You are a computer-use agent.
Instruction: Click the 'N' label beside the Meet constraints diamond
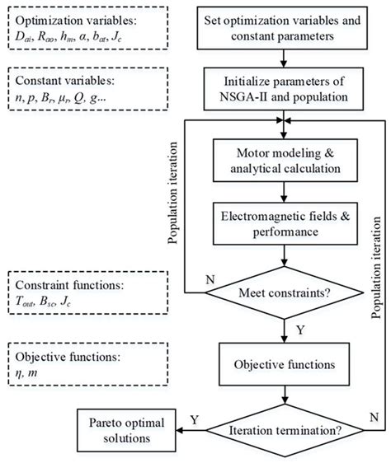click(211, 280)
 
